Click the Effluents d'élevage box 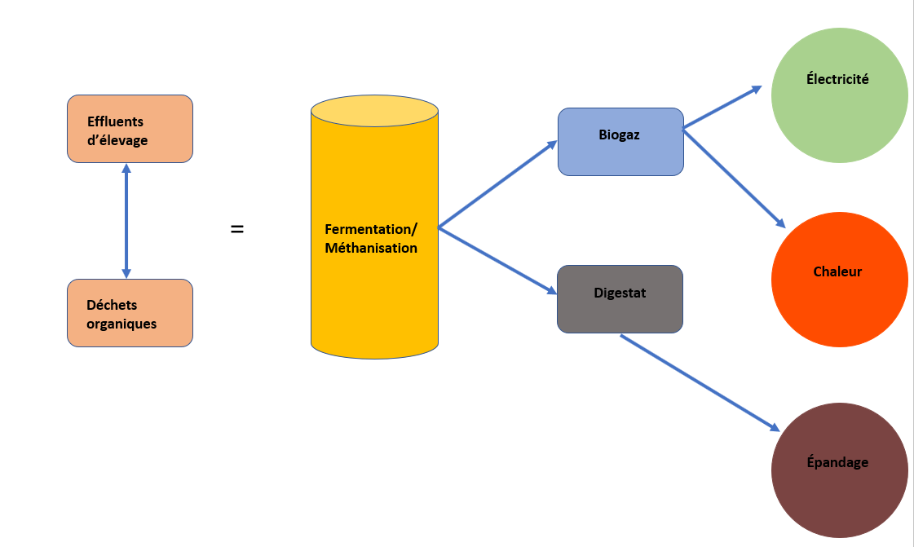coord(130,129)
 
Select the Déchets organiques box coord(130,313)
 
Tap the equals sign coord(237,229)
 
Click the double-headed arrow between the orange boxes coord(126,221)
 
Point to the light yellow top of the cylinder coord(375,111)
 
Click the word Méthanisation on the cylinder coord(371,248)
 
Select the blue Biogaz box coord(620,142)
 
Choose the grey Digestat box coord(620,299)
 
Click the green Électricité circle coord(839,95)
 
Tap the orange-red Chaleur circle coord(839,280)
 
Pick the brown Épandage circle coord(839,470)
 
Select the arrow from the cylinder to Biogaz coord(498,183)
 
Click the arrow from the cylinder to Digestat coord(498,260)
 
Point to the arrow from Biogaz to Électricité coord(722,107)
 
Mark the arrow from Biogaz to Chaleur coord(734,179)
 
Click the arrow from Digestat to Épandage coord(700,382)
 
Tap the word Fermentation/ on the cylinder coord(371,230)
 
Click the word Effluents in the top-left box coord(116,121)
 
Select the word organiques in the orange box coord(121,324)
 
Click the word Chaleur coord(837,271)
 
